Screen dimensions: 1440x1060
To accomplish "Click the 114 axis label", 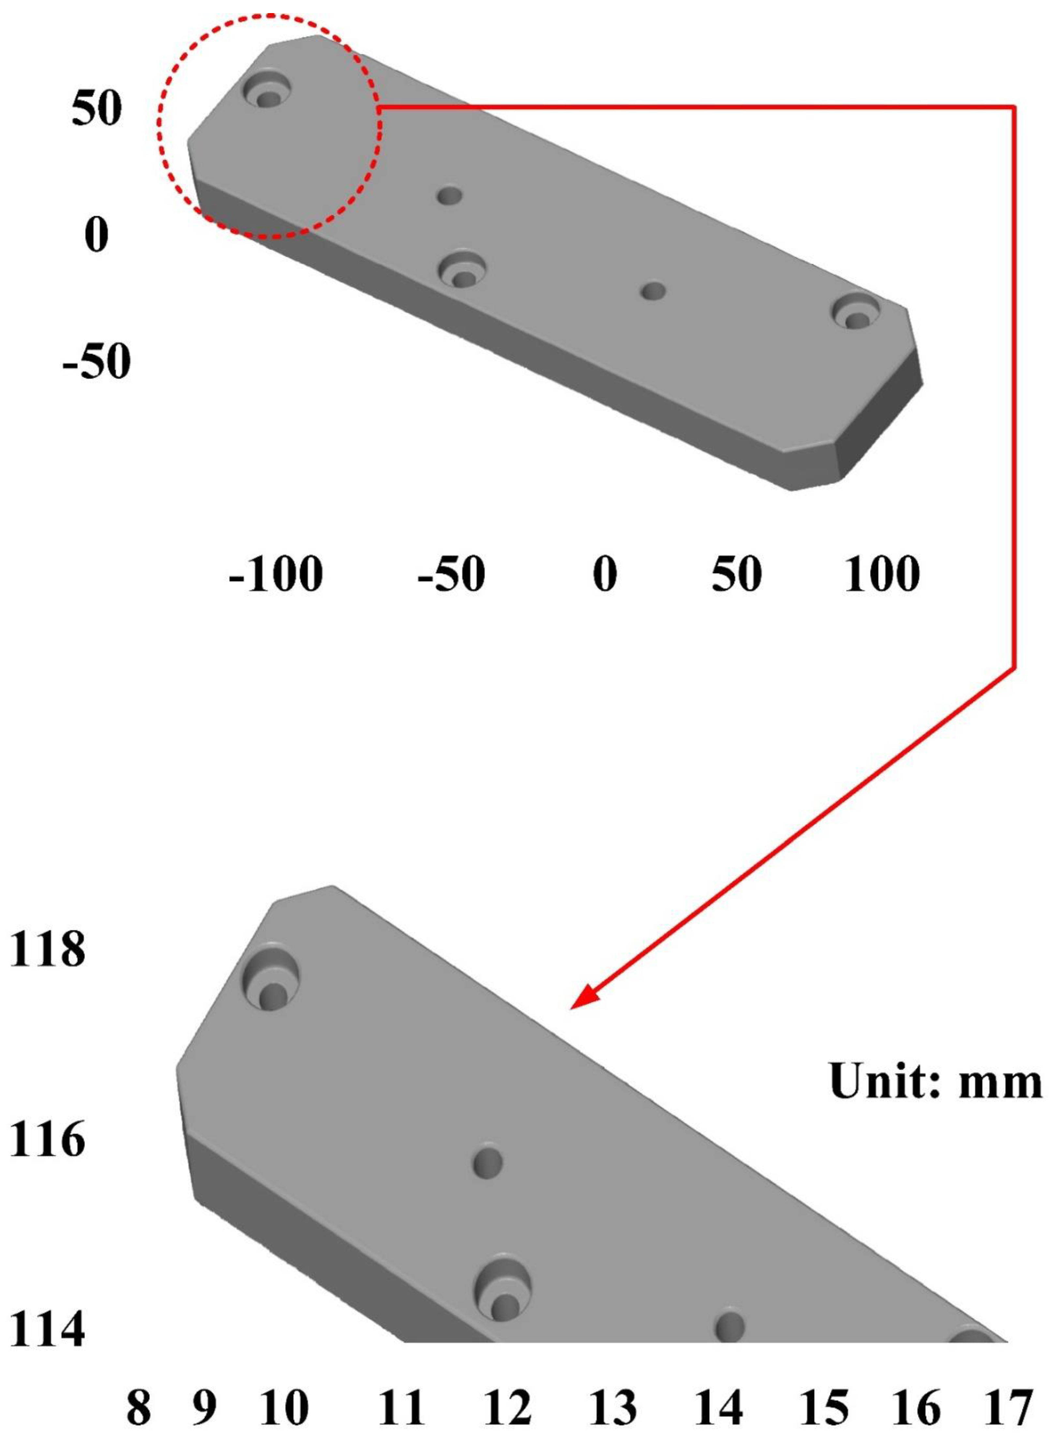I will click(x=47, y=1329).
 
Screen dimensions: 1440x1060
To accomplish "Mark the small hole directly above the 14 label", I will click(x=730, y=1324).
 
